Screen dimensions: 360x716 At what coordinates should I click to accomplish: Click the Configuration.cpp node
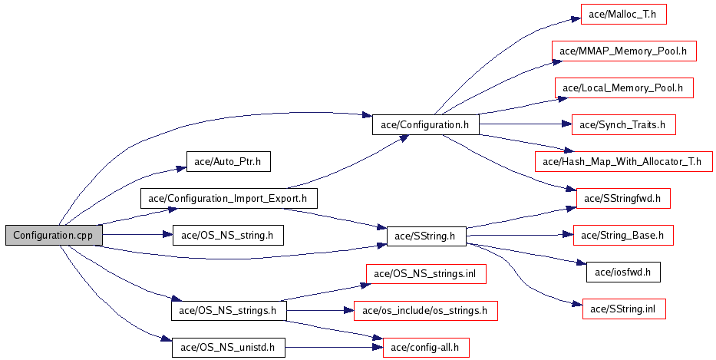click(54, 236)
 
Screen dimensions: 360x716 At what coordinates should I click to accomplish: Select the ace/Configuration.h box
click(425, 124)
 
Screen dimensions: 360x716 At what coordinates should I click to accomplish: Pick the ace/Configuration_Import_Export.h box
click(228, 198)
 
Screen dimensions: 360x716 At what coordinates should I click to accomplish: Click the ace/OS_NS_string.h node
click(228, 235)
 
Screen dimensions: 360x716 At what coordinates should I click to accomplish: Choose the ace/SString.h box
click(426, 236)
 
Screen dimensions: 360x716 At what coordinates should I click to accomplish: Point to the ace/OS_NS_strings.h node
click(228, 310)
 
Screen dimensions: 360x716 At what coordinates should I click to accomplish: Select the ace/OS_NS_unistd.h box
click(228, 347)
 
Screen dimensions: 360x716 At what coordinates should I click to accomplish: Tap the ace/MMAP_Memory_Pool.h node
click(623, 51)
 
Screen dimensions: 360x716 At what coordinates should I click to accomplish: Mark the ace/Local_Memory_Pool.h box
click(623, 88)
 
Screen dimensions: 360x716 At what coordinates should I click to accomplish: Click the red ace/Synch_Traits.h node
click(623, 124)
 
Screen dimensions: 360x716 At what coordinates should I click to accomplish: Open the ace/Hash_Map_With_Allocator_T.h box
click(623, 161)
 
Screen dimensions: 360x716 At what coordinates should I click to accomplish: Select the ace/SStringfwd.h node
click(623, 198)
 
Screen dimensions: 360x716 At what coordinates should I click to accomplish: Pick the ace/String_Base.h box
click(623, 235)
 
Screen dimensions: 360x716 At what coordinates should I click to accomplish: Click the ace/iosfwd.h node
click(623, 271)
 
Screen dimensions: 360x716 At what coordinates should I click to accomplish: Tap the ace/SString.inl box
click(623, 309)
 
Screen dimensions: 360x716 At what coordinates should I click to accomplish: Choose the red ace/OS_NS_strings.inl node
click(426, 273)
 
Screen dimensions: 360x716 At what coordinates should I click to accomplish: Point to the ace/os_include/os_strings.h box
click(426, 310)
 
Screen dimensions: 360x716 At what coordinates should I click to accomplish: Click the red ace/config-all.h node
click(426, 347)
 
